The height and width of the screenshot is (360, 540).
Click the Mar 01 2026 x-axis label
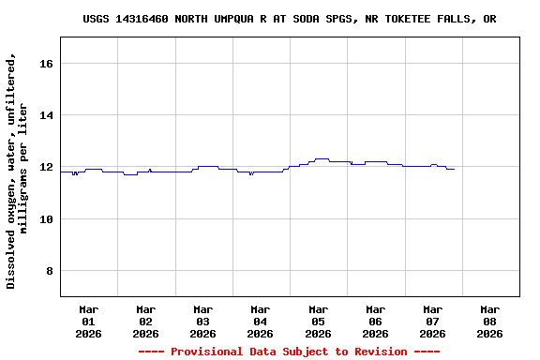88,321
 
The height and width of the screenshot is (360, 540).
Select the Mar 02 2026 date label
145,321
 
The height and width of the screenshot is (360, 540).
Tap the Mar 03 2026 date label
202,321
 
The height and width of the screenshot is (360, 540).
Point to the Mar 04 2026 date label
261,321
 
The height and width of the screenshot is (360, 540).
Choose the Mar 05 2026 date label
318,321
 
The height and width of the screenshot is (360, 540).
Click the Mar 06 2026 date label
375,321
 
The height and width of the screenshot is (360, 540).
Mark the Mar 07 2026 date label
432,321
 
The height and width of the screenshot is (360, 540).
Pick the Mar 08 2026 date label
489,321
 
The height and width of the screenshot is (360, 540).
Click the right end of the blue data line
454,169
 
